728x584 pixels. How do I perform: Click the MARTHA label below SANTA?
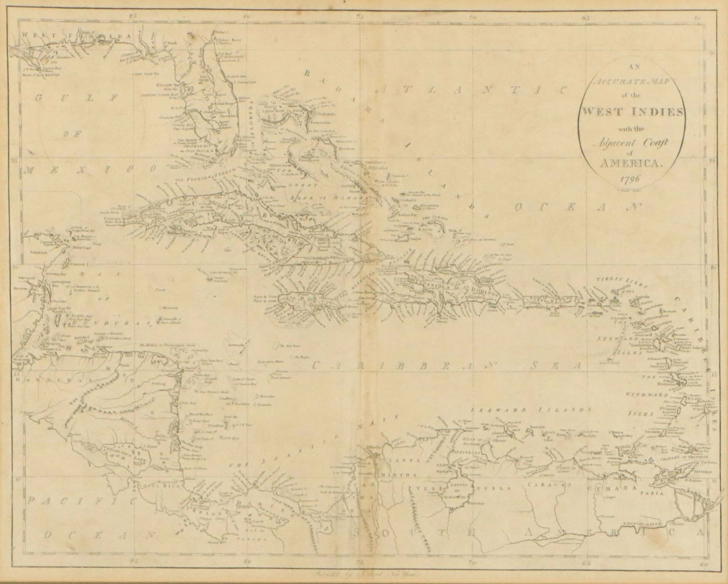click(x=399, y=475)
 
